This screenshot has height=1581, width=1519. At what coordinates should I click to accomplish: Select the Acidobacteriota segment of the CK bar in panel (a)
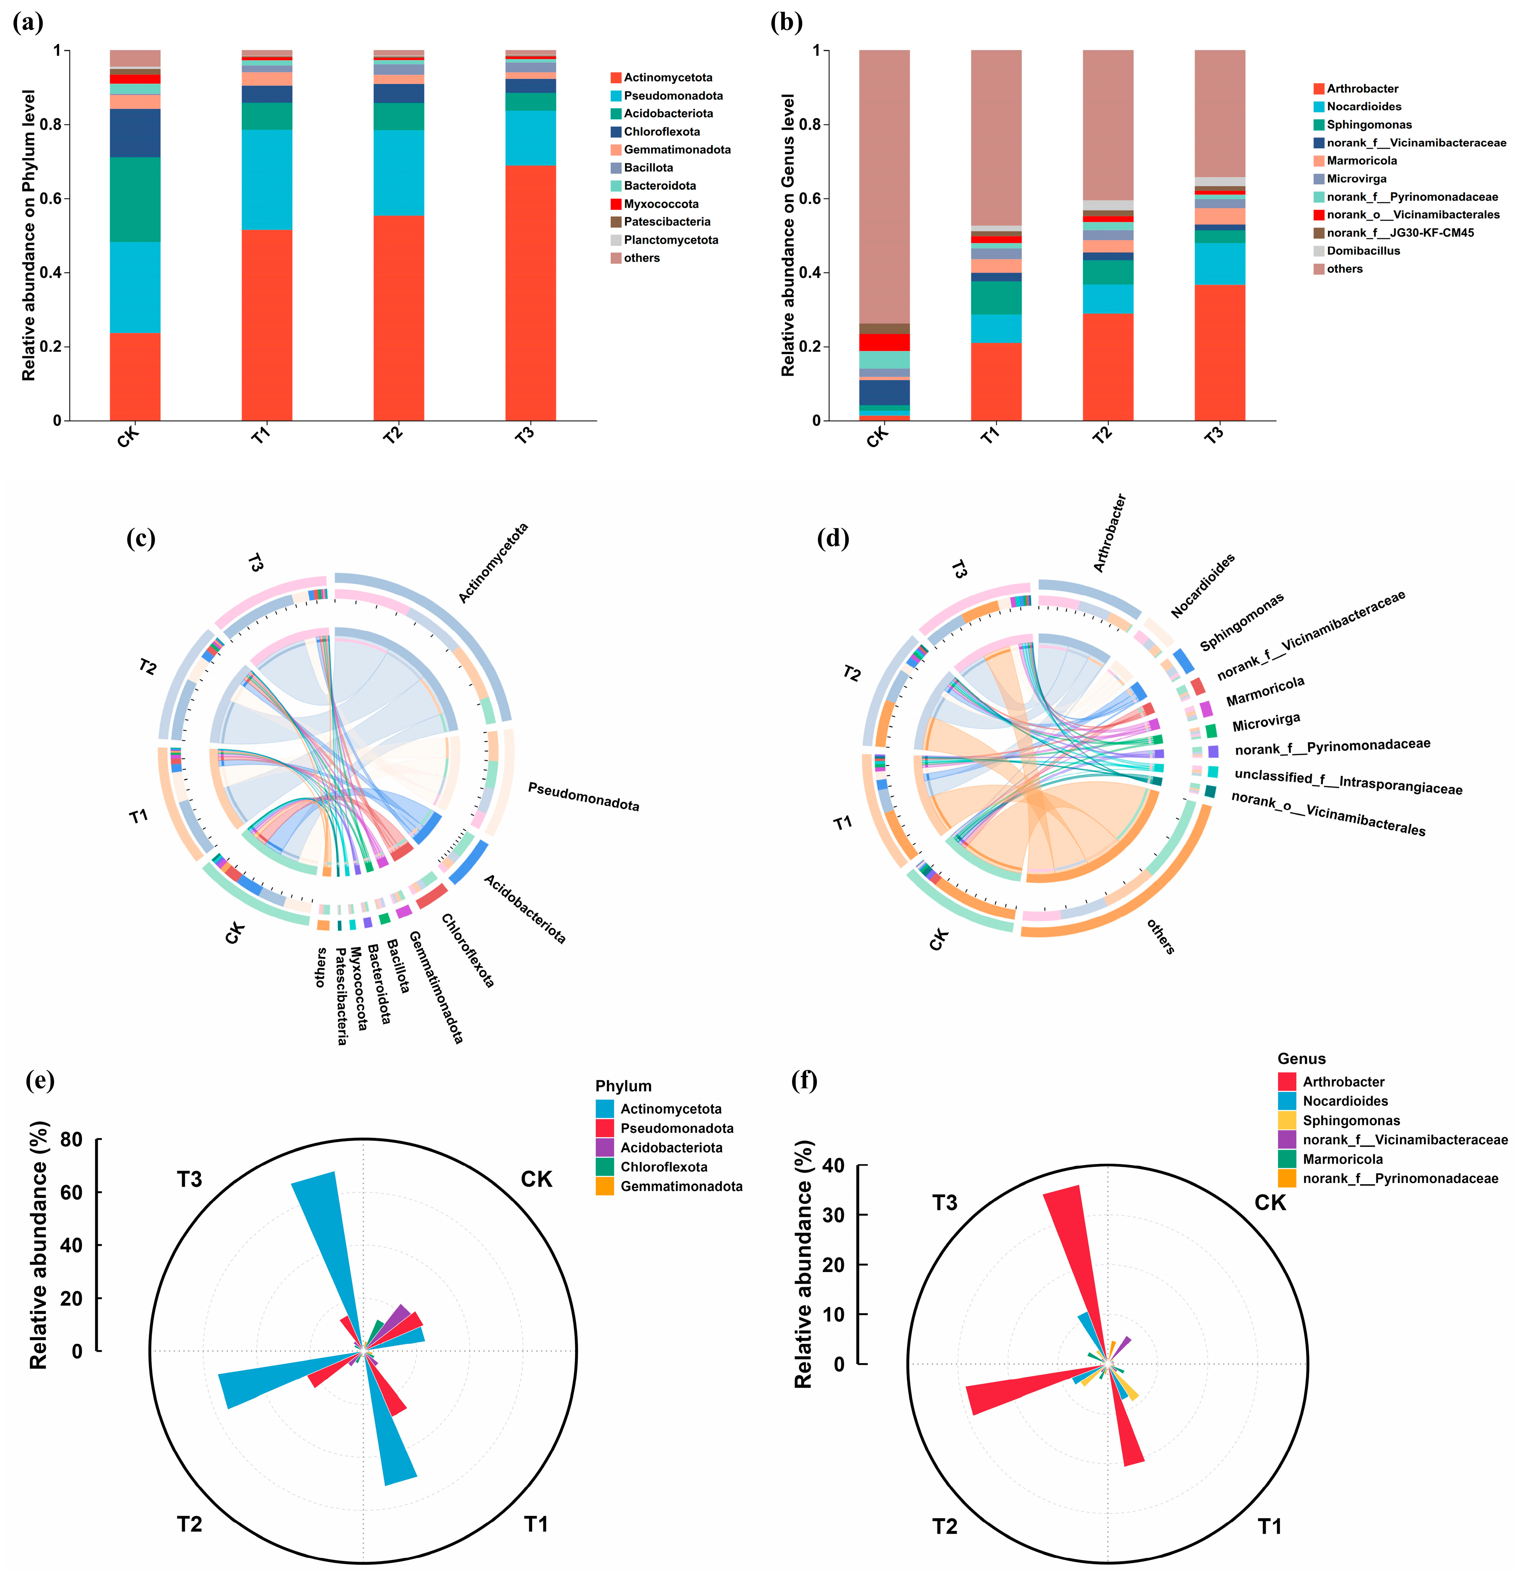(135, 199)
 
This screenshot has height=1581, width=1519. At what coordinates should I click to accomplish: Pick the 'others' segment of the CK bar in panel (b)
(884, 186)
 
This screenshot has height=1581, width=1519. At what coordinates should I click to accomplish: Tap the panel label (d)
(833, 538)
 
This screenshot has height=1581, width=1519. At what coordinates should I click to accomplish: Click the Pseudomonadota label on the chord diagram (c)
(583, 796)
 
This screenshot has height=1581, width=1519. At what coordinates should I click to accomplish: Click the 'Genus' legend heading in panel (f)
(1301, 1059)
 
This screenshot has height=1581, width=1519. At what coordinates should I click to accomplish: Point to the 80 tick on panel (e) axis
(71, 1140)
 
